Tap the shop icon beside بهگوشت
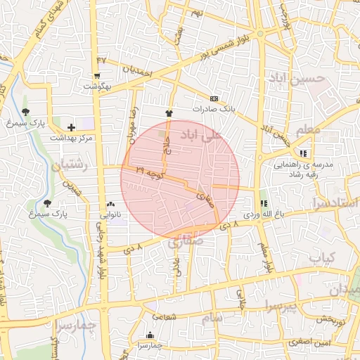pyautogui.click(x=96, y=75)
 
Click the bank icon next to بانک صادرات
pyautogui.click(x=214, y=98)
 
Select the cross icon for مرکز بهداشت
pyautogui.click(x=71, y=127)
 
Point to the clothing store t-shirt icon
pyautogui.click(x=168, y=112)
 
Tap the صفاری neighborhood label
pyautogui.click(x=185, y=240)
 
